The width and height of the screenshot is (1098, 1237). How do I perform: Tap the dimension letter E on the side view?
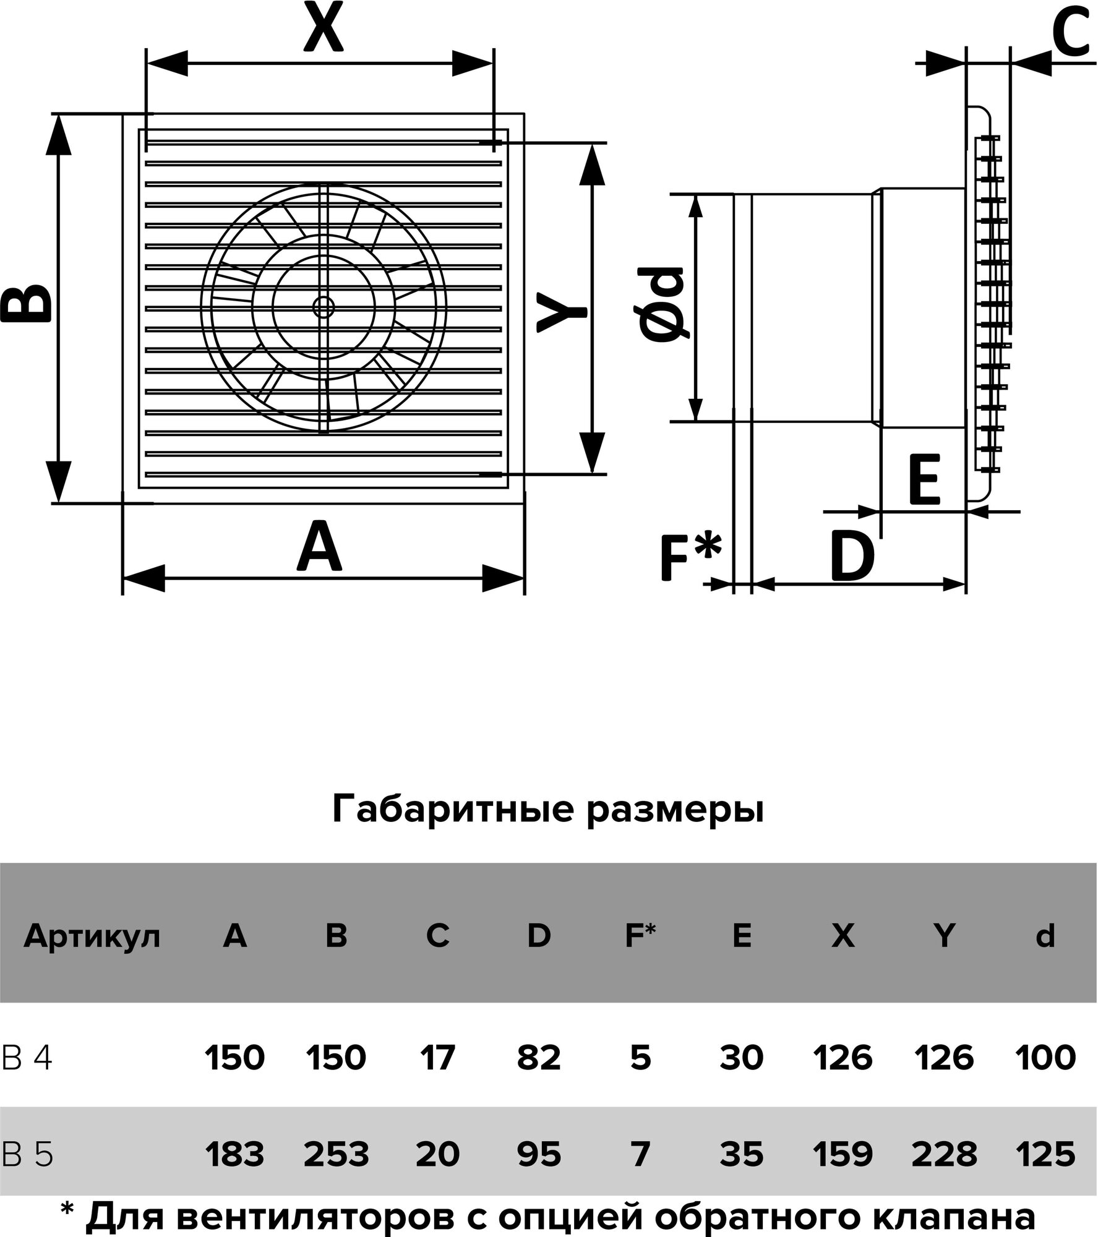924,479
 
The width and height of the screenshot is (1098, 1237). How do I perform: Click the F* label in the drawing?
690,557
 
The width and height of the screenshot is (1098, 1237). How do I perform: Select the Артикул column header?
92,936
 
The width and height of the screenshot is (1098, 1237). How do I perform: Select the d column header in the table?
1045,936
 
